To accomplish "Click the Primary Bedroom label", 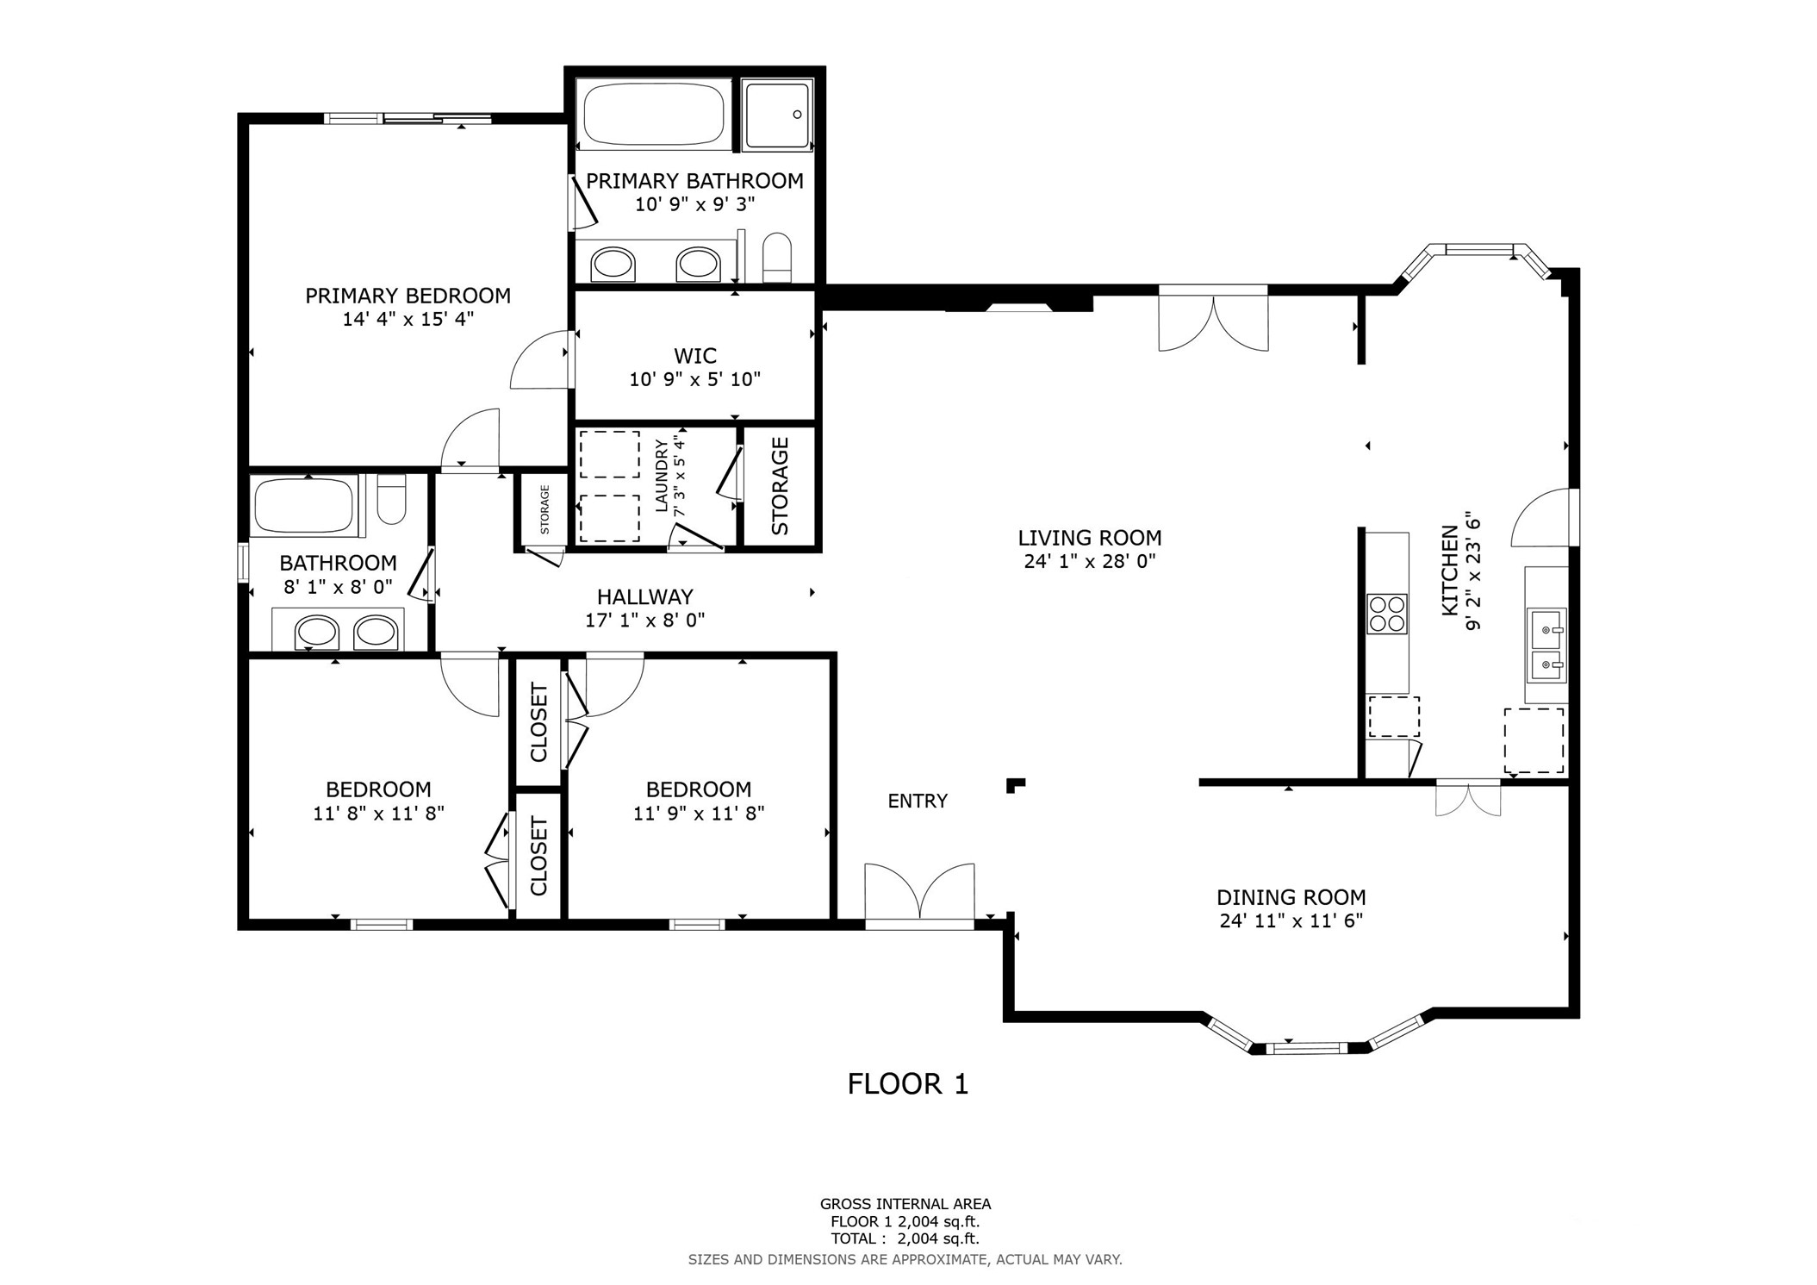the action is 408,296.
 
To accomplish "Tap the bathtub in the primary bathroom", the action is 653,114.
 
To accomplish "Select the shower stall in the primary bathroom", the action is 777,115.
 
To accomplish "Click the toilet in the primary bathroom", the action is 777,257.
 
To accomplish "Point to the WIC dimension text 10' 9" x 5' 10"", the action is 695,379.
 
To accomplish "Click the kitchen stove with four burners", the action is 1387,614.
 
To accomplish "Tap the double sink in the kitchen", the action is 1546,644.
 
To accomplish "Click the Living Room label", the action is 1090,538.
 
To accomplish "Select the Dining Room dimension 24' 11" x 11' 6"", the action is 1291,920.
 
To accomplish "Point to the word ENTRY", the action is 918,802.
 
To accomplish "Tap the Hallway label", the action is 645,596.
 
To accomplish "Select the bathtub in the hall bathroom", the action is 304,506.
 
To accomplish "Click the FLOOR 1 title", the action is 908,1083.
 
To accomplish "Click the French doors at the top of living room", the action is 1213,322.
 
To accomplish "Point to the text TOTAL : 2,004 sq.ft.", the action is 905,1238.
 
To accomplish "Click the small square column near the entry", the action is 1016,785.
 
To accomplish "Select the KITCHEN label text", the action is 1450,571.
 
